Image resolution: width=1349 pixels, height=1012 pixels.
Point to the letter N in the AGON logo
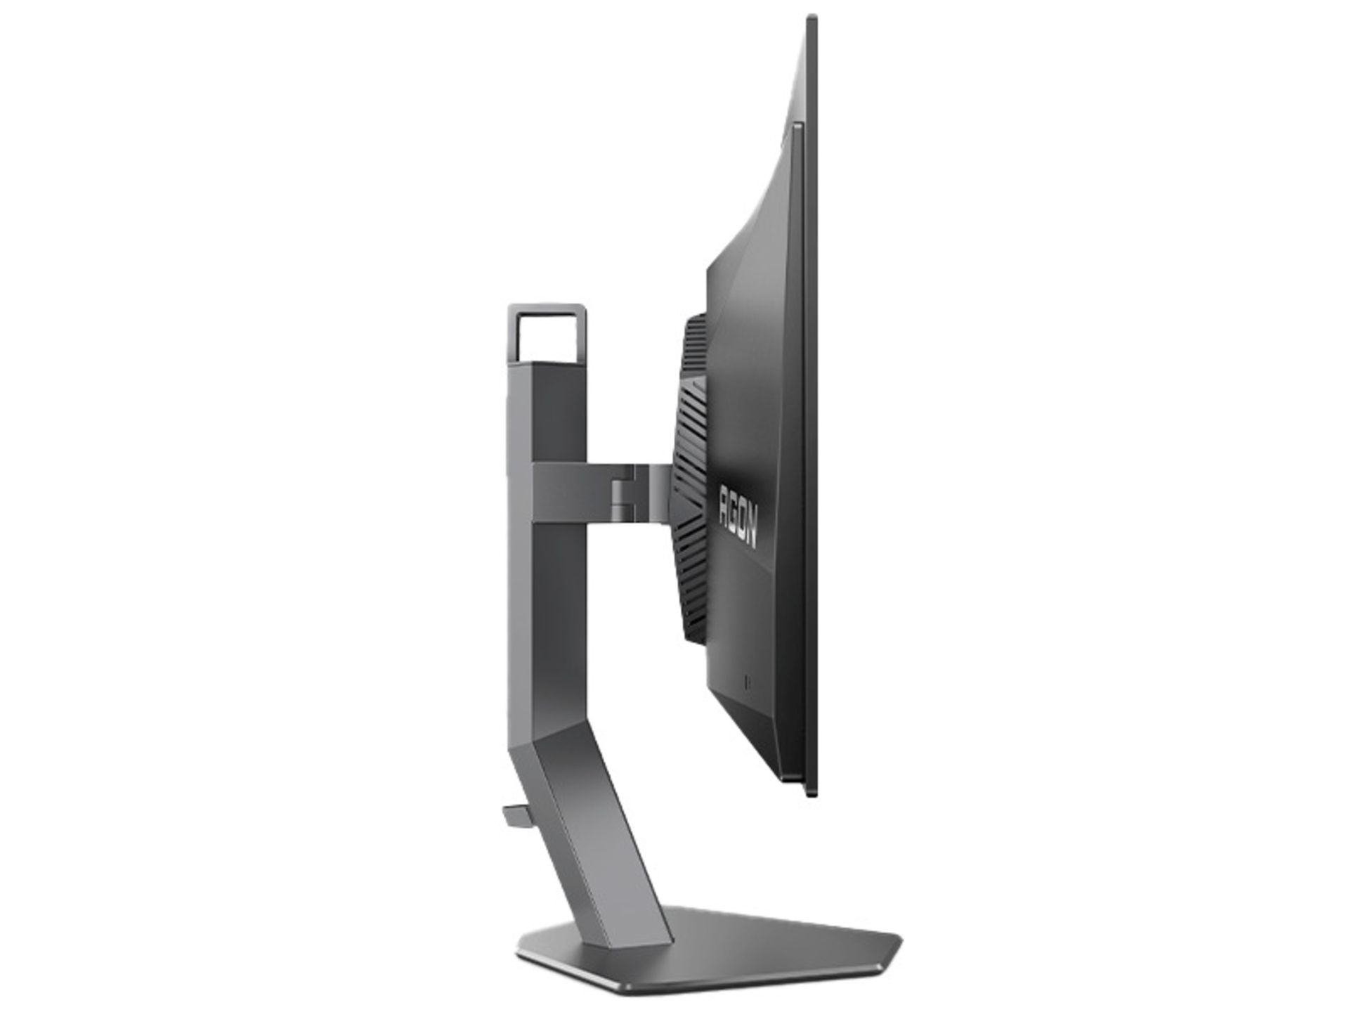coord(750,538)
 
